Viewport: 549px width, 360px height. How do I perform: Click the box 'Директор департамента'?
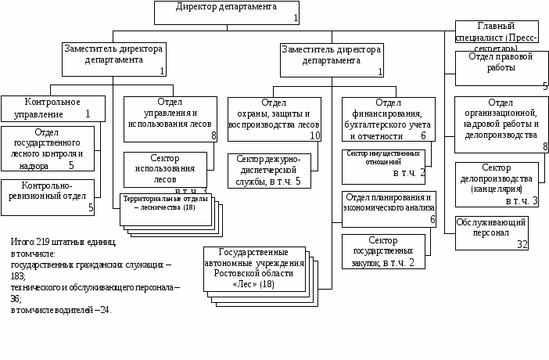tap(226, 12)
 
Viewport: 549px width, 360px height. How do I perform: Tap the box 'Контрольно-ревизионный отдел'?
tap(48, 196)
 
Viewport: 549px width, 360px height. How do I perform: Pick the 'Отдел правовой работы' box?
tap(501, 68)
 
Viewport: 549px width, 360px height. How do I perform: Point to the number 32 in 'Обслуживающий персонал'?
tap(522, 244)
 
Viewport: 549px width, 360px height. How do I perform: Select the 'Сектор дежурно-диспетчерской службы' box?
tap(268, 171)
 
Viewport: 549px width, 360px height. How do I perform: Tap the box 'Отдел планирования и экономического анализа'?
tap(388, 208)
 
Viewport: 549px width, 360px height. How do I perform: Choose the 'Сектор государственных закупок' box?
tap(383, 251)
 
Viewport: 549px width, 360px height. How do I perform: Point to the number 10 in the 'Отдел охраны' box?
tap(314, 135)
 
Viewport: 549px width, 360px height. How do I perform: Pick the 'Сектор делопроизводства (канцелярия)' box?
tap(496, 184)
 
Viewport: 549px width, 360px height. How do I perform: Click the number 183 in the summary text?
tap(17, 276)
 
